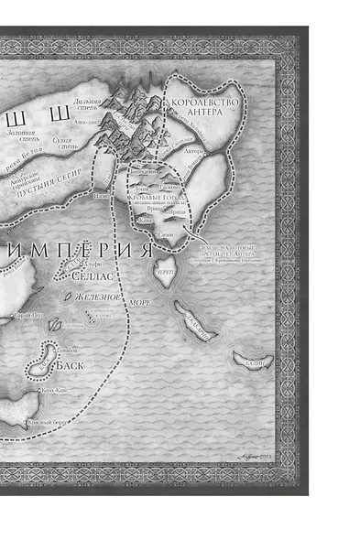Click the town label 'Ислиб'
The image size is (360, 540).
[102, 194]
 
